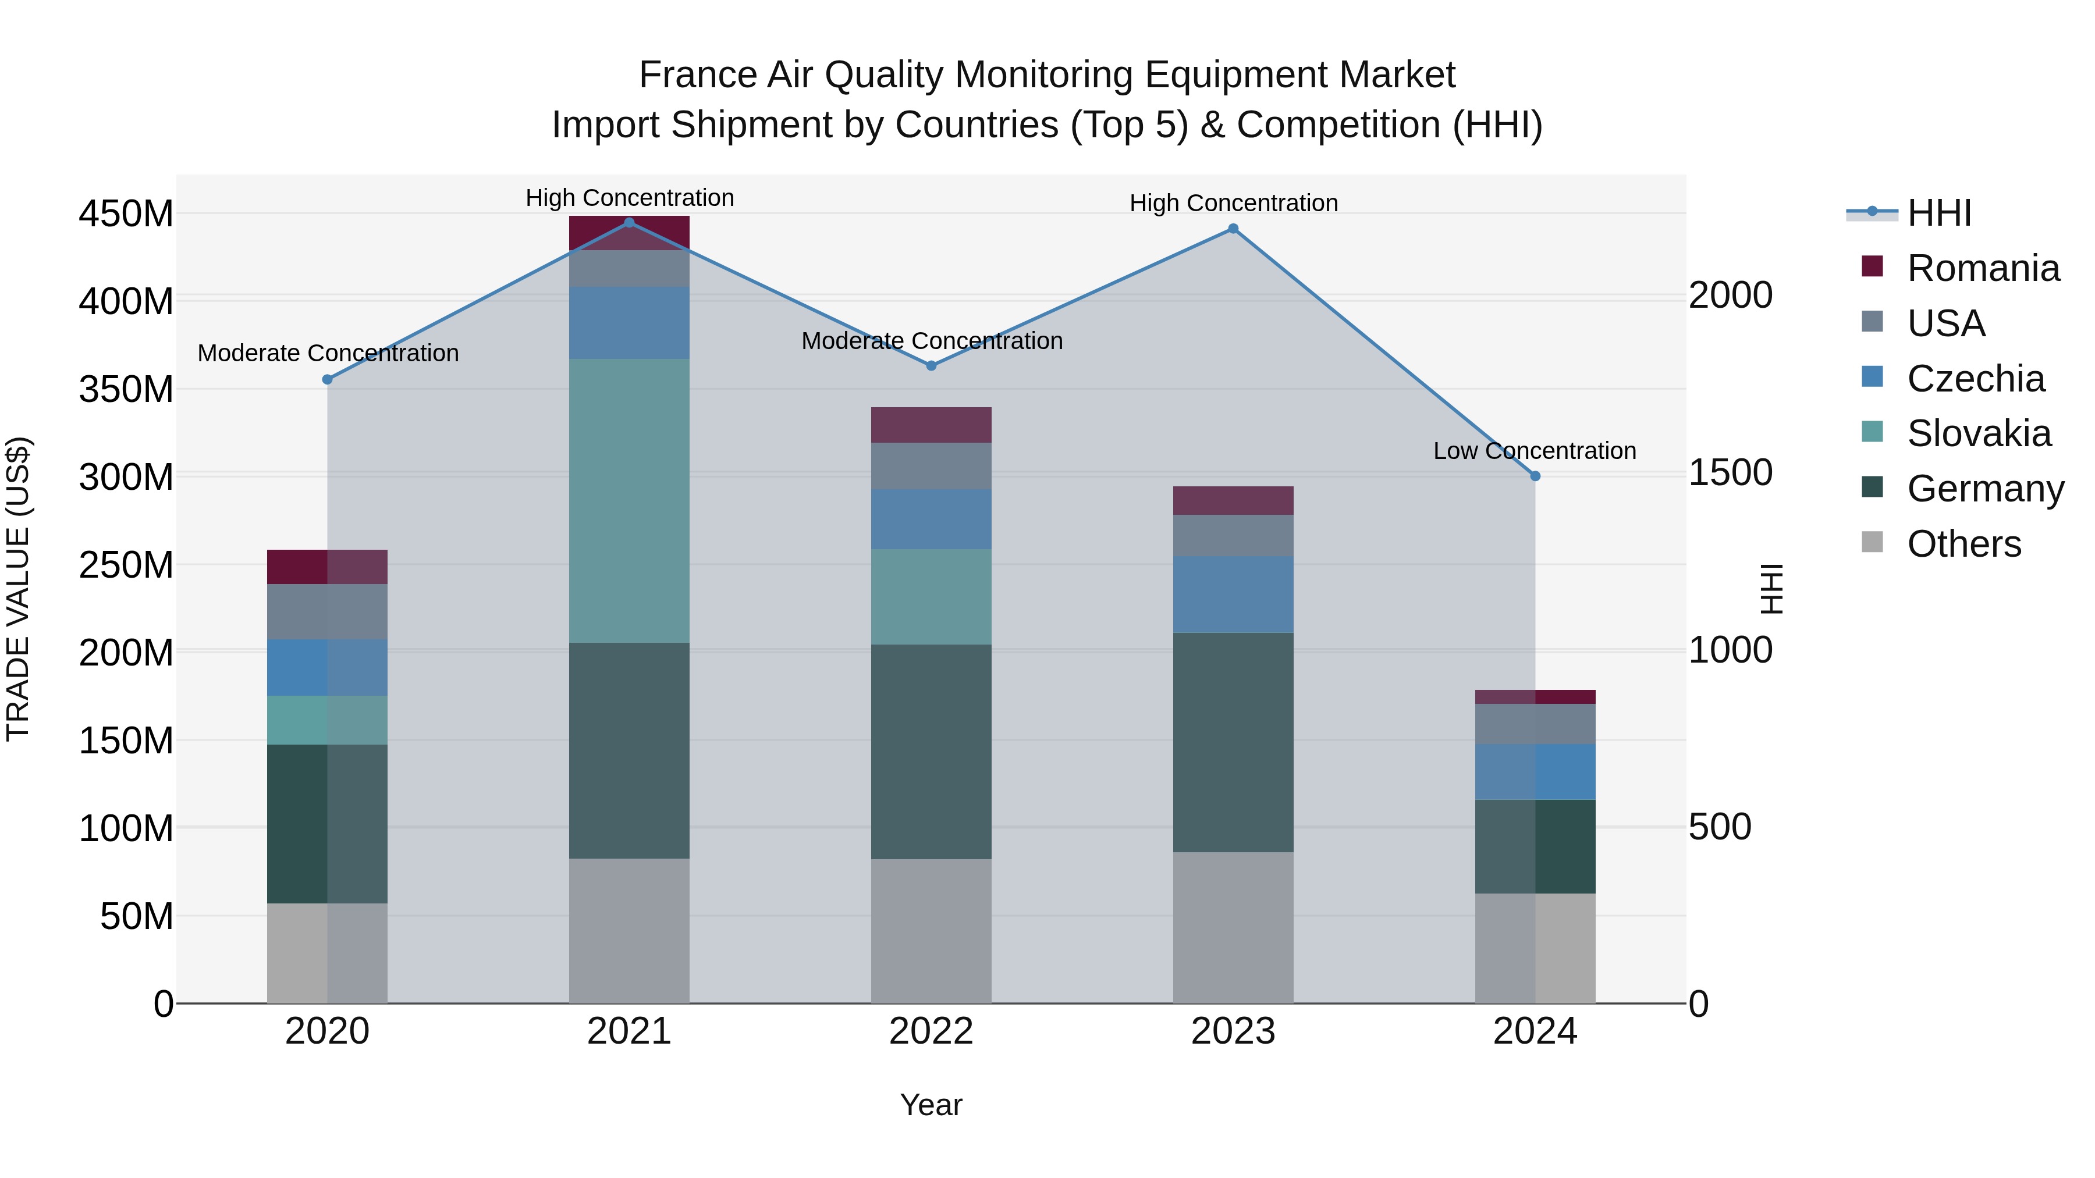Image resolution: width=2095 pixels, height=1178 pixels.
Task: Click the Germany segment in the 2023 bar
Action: coord(1233,742)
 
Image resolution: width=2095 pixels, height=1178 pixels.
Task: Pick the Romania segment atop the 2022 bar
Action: coord(931,425)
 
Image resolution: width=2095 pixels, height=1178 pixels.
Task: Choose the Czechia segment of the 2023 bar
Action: coord(1233,595)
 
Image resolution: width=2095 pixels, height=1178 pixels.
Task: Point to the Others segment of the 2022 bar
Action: coord(931,931)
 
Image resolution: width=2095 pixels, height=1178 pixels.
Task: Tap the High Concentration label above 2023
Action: coord(1233,202)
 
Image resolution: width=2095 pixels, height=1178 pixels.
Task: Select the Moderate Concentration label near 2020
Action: coord(328,353)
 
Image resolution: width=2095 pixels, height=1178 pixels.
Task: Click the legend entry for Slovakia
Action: coord(1978,433)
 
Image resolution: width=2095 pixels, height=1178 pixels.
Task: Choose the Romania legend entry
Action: coord(1983,268)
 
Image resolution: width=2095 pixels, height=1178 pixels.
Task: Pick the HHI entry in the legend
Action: coord(1939,213)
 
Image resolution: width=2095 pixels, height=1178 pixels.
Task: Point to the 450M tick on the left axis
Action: coord(126,215)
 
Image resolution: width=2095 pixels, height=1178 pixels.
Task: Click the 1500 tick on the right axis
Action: coord(1731,472)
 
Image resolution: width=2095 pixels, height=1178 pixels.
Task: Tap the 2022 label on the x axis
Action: coord(931,1031)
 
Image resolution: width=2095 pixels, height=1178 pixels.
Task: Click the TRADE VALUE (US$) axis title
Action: coord(18,589)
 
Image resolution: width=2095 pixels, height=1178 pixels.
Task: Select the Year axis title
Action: coord(931,1105)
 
